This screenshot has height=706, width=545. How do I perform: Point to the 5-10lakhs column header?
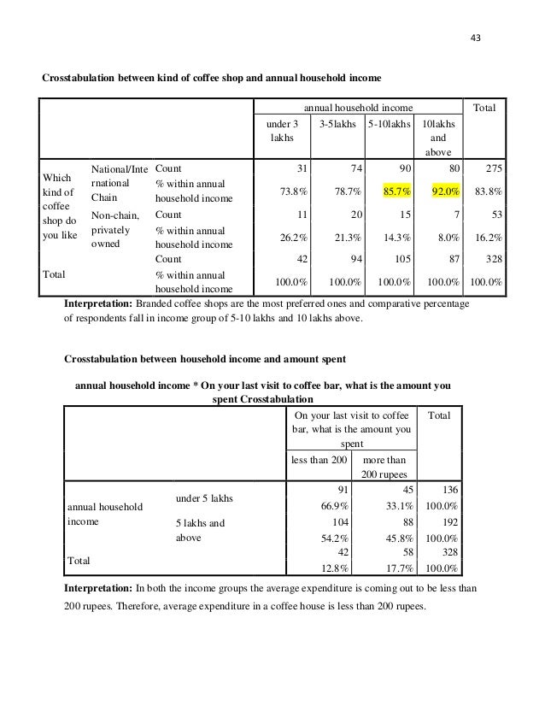coord(386,124)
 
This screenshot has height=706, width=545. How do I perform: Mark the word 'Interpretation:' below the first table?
coord(99,303)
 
